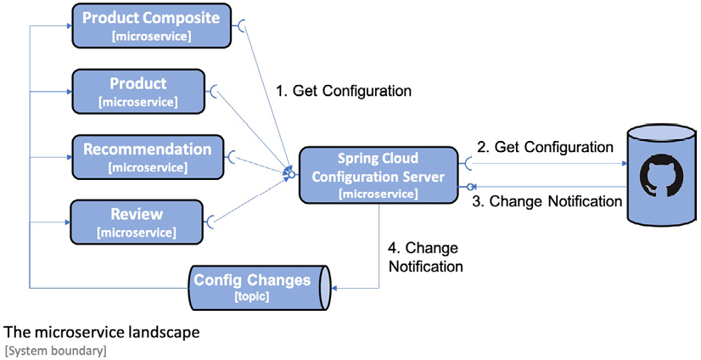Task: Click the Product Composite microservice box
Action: [152, 25]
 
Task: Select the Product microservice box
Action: [138, 91]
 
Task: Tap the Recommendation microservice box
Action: [148, 157]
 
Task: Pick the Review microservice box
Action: [137, 222]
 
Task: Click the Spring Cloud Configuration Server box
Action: [379, 175]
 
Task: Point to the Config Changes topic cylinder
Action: [260, 288]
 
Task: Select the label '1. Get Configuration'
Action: [344, 91]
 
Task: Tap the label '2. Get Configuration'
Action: [546, 147]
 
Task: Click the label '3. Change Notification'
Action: [547, 201]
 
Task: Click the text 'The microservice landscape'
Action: [102, 332]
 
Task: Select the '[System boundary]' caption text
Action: [56, 351]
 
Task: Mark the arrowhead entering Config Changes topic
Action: [334, 289]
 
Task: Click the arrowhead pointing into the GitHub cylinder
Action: [624, 164]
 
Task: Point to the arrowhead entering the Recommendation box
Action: [69, 157]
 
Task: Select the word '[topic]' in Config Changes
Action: [252, 297]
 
